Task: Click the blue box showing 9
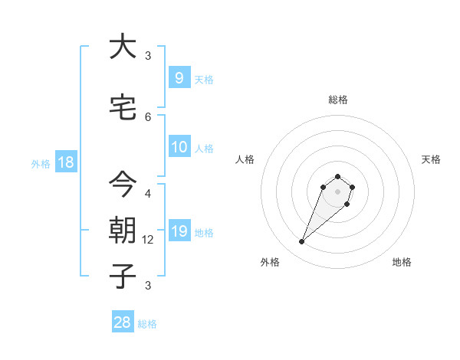tap(179, 77)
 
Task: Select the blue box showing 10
tap(179, 147)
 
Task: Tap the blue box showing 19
tap(179, 231)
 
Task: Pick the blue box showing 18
tap(65, 162)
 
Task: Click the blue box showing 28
tap(123, 322)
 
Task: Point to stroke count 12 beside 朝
tap(148, 239)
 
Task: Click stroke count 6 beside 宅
tap(148, 116)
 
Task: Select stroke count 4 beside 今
tap(148, 193)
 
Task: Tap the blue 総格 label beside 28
tap(147, 324)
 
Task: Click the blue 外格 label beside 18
tap(40, 163)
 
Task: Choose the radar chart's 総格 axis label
tap(337, 100)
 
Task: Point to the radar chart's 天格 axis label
tap(432, 159)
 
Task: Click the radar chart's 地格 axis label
tap(402, 262)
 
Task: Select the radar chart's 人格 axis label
tap(245, 159)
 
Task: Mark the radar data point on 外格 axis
tap(301, 242)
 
